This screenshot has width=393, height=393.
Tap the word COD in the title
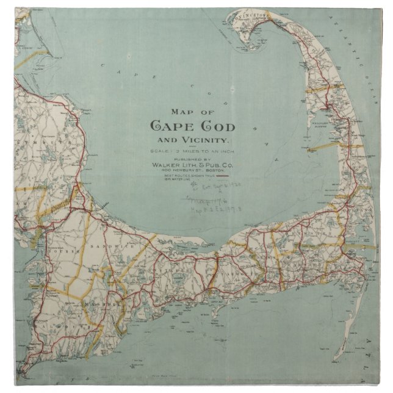[214, 127]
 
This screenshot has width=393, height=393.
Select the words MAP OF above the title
[193, 112]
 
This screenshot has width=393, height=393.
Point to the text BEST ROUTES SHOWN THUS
[186, 176]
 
